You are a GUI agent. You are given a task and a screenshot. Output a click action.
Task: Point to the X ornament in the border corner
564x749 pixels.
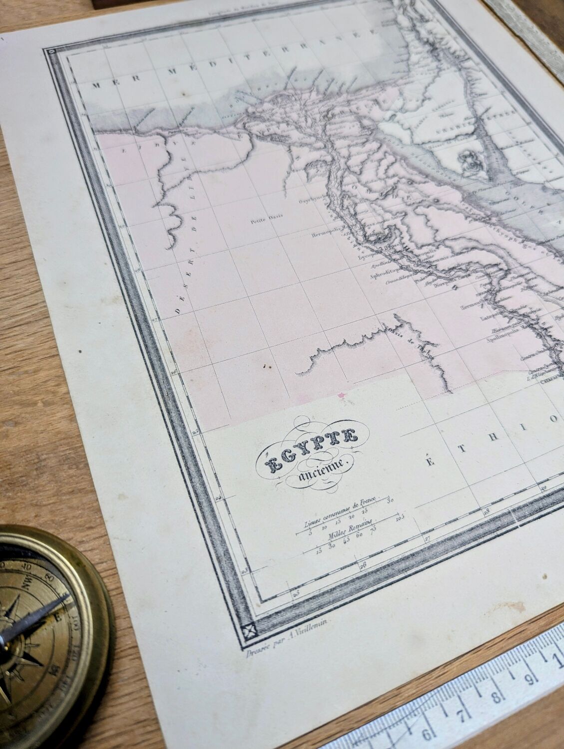pos(247,631)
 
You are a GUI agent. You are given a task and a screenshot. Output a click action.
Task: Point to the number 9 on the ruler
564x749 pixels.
pos(531,680)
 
